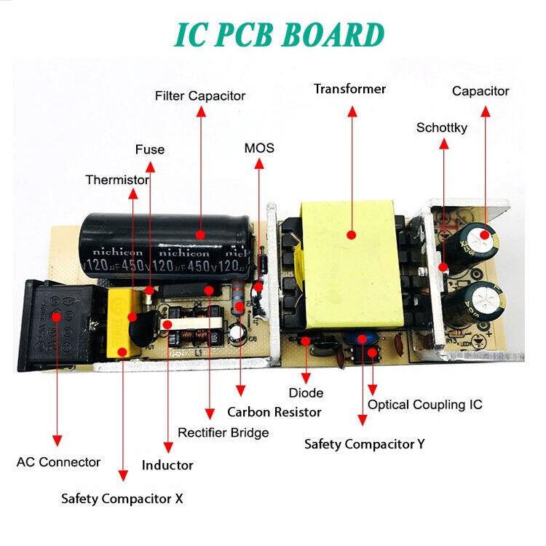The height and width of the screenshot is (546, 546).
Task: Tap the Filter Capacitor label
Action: point(200,96)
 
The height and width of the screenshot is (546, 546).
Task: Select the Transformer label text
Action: point(349,90)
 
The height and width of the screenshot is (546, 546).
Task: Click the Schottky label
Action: point(442,128)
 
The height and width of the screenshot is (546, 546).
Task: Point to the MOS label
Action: point(259,149)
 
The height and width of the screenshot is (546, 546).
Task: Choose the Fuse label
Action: point(150,150)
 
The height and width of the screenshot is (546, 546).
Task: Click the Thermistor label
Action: point(117,180)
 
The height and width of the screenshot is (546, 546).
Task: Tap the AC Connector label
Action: point(58,462)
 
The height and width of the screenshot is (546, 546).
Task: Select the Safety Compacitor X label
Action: point(122,499)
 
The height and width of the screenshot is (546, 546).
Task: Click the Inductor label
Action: point(167,465)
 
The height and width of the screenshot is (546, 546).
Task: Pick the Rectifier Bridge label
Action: point(223,433)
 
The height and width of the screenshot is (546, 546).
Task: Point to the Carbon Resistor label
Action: point(274,412)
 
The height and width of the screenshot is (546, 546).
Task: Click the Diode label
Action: point(306,393)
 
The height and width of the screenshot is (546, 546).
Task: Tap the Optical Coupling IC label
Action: point(424,405)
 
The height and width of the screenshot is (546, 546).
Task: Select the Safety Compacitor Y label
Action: point(364,444)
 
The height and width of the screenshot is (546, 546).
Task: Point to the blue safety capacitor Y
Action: point(362,339)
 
